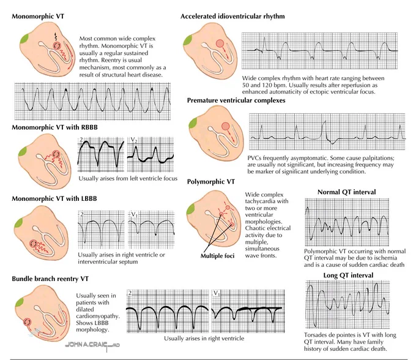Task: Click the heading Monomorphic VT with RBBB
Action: (x=54, y=127)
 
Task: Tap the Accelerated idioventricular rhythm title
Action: (x=232, y=16)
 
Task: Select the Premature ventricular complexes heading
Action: (x=236, y=100)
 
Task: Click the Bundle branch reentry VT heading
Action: (x=50, y=279)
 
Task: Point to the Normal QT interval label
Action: (x=347, y=192)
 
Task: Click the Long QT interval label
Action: (x=348, y=276)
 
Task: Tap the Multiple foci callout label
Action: (x=218, y=256)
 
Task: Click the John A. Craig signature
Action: (x=92, y=345)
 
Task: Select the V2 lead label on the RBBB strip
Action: (x=134, y=140)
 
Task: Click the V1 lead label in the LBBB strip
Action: (x=135, y=214)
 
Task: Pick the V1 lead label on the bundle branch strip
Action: (x=217, y=293)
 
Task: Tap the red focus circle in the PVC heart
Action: (x=226, y=126)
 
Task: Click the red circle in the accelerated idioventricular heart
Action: (x=220, y=43)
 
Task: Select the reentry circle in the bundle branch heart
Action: (x=27, y=322)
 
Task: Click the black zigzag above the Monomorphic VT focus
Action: (x=56, y=37)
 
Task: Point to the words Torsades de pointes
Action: (x=330, y=335)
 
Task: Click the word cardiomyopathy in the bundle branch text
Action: (x=97, y=316)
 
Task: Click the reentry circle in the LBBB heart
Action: (x=34, y=244)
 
